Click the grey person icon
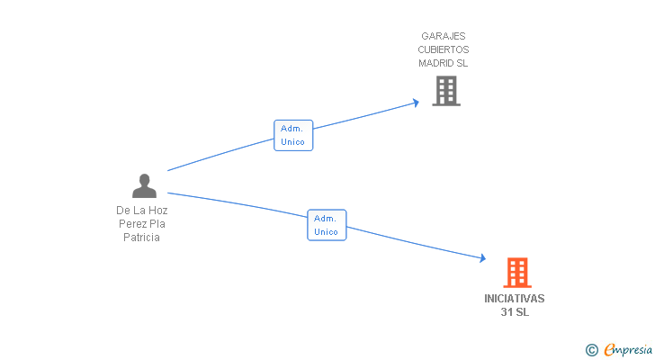coord(144,185)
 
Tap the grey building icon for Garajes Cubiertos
coord(446,91)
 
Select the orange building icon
coord(517,273)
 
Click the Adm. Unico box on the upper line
coord(293,135)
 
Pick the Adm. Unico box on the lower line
coord(327,225)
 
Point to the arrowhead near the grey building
coord(416,103)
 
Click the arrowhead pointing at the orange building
coord(483,258)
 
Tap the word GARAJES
coord(444,36)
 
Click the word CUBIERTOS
coord(444,49)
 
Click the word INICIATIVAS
coord(515,299)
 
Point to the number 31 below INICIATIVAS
coord(507,312)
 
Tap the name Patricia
coord(141,238)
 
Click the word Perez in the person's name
coord(130,224)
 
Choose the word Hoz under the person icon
coord(158,210)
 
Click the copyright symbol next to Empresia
coord(591,350)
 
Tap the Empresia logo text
coord(628,350)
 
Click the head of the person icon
coord(145,180)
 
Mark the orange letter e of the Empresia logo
coord(609,349)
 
